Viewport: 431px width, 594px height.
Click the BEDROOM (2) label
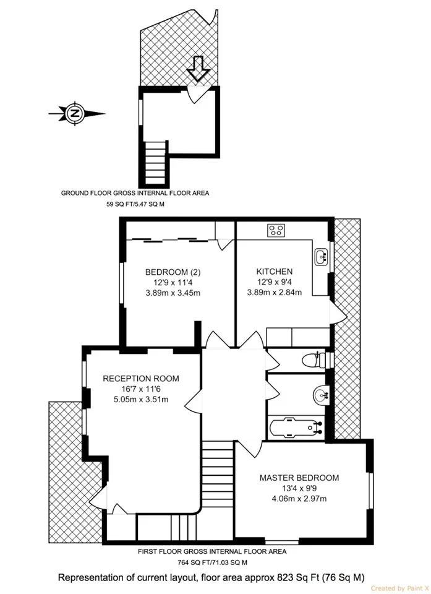tap(173, 272)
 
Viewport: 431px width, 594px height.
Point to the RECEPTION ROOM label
tap(141, 379)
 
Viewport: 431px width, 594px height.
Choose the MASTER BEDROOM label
tap(299, 478)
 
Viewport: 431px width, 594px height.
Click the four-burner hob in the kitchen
tap(276, 231)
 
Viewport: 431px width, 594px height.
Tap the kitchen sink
tap(322, 257)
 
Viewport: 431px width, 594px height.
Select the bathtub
tap(296, 428)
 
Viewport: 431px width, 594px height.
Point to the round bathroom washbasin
tap(321, 395)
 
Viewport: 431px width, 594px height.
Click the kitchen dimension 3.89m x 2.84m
tap(275, 293)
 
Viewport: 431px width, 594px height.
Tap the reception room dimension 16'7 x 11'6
tap(141, 389)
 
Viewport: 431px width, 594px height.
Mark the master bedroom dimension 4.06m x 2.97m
tap(299, 499)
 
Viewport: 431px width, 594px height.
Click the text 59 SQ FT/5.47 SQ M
tap(135, 204)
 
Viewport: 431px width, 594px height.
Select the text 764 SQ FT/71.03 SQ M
tap(212, 562)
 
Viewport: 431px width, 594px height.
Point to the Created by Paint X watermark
tap(400, 588)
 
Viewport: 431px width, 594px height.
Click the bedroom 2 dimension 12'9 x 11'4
tap(173, 282)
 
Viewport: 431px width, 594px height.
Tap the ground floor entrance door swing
tap(198, 95)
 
